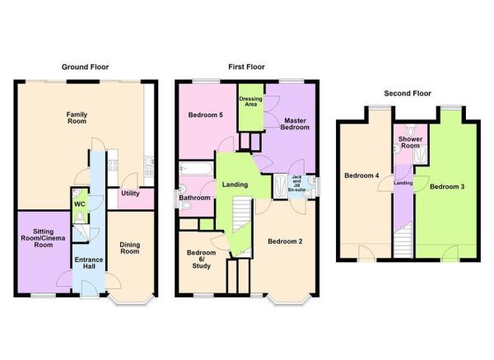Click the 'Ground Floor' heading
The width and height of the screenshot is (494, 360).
(x=86, y=67)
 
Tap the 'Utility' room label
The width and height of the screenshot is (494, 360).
(x=130, y=194)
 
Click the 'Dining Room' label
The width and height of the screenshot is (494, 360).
(x=130, y=248)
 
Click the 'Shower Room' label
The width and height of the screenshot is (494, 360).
(x=410, y=143)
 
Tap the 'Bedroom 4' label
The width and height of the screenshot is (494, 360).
(x=361, y=175)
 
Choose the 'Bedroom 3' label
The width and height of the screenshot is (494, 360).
(x=451, y=187)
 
